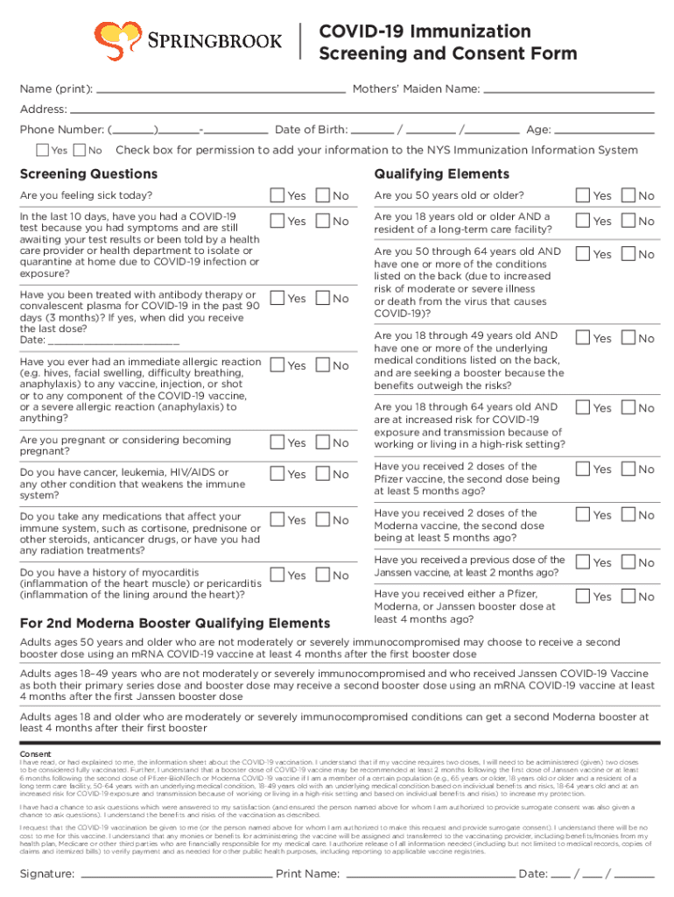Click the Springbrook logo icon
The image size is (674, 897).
(x=119, y=39)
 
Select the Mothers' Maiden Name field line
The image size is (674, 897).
(x=568, y=90)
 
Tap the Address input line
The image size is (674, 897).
(x=350, y=111)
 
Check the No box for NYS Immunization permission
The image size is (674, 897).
(x=81, y=151)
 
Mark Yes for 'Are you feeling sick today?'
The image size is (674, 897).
(x=277, y=195)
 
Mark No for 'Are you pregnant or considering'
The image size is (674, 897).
(x=322, y=443)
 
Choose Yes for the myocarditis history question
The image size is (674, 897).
(x=277, y=575)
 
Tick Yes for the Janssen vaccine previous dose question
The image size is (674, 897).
(x=583, y=562)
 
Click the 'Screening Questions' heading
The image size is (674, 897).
(x=88, y=174)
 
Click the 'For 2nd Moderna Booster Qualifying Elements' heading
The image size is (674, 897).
(x=175, y=624)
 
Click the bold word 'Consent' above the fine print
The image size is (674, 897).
(x=36, y=753)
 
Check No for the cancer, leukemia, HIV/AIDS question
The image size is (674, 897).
(x=322, y=474)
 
